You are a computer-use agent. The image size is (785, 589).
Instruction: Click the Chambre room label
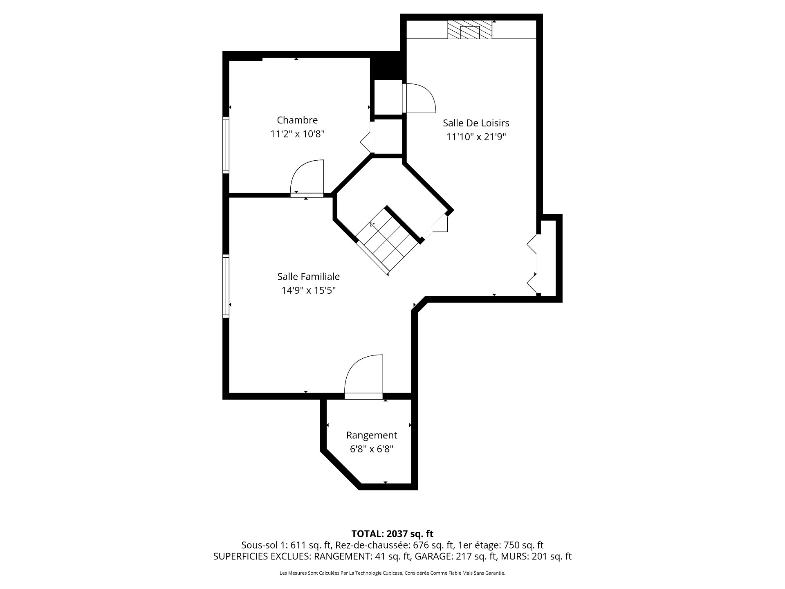coord(297,120)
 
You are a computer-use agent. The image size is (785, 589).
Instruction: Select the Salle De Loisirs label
coord(476,123)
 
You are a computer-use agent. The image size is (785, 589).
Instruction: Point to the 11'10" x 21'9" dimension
coord(476,137)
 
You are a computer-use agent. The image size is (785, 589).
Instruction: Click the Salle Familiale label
coord(309,277)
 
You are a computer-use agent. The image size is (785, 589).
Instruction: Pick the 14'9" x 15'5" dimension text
coord(309,290)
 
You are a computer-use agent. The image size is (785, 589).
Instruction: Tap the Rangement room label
coord(372,435)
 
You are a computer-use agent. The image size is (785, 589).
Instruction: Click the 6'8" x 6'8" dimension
coord(372,449)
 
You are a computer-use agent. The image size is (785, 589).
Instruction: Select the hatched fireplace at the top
coord(470,30)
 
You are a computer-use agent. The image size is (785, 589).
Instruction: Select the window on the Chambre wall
coord(226,145)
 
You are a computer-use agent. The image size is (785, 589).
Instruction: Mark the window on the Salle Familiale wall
coord(226,286)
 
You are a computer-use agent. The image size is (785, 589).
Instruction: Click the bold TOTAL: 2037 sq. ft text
coord(392,534)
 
